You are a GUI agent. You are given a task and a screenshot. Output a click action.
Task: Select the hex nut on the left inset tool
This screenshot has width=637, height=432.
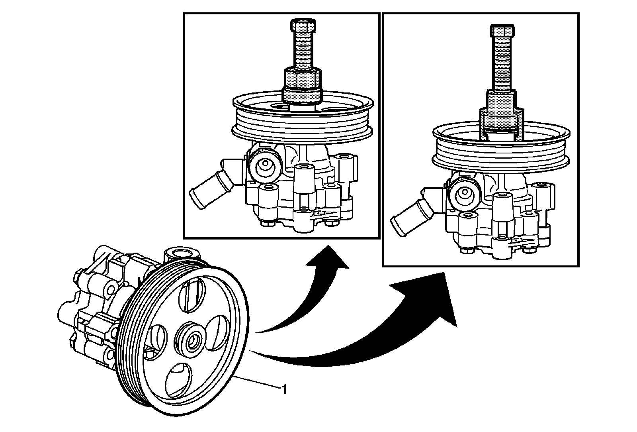301,77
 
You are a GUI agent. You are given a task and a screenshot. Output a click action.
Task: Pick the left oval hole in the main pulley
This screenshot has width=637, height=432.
158,339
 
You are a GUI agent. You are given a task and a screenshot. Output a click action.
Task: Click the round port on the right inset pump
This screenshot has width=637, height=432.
464,193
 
